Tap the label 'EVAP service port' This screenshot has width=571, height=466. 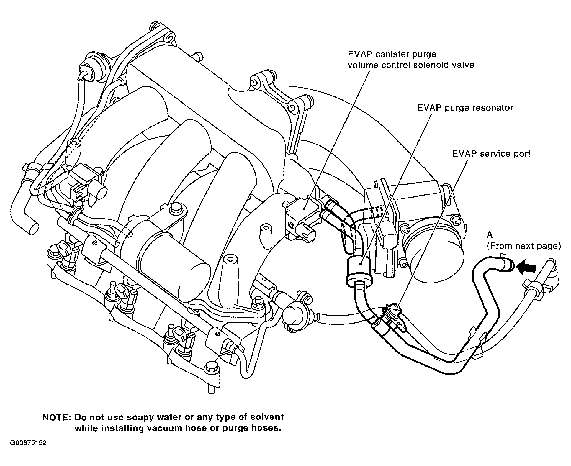(x=491, y=154)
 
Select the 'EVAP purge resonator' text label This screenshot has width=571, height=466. (x=465, y=108)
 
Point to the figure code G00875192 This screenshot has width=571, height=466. (x=28, y=451)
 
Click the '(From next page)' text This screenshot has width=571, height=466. (x=524, y=246)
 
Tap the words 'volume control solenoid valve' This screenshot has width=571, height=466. (x=411, y=65)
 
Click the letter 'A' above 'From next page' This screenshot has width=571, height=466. (x=490, y=235)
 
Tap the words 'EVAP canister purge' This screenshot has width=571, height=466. (x=392, y=54)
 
